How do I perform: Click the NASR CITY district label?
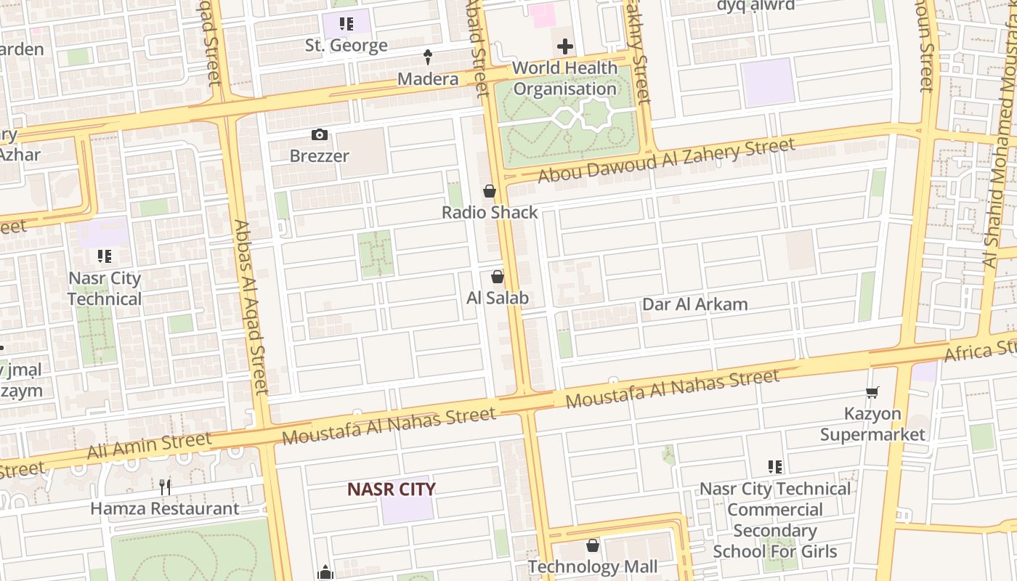coord(392,489)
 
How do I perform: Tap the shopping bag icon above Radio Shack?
coord(490,191)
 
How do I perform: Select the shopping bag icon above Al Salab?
coord(498,277)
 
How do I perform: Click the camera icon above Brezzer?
coord(319,134)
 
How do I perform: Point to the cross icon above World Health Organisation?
coord(564,47)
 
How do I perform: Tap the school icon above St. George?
coord(347,24)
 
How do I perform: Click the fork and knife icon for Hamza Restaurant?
coord(165,487)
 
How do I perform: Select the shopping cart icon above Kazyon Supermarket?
coord(872,392)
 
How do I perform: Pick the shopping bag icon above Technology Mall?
coord(593,545)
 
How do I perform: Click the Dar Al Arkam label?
coord(694,304)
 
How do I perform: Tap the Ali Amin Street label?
coord(149,445)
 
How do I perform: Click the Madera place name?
coord(428,78)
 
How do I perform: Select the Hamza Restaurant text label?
coord(165,508)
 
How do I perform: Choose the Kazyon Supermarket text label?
coord(872,424)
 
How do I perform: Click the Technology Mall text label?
coord(593,566)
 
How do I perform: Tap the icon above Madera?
coord(428,57)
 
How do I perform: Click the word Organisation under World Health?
coord(565,89)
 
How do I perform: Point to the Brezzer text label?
coord(319,155)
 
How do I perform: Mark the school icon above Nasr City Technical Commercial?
coord(775,467)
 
